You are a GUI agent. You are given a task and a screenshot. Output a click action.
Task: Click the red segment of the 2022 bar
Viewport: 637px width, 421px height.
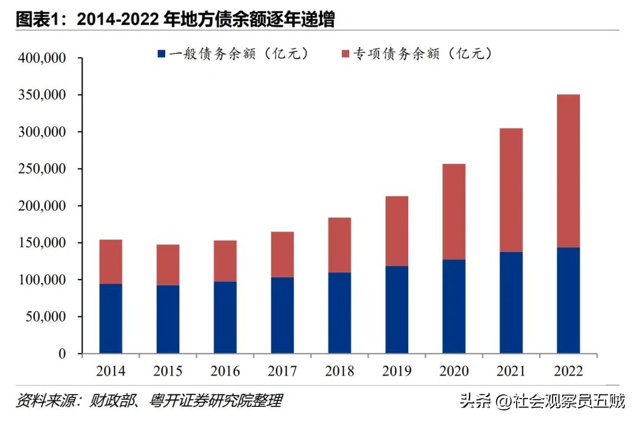tap(568, 171)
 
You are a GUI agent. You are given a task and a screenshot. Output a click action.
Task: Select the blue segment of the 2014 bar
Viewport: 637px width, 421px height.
tap(111, 318)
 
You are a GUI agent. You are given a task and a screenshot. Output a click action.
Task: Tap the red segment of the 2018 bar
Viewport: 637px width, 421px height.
tap(340, 245)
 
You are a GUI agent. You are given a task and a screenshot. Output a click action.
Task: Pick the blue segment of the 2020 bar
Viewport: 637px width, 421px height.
tap(454, 306)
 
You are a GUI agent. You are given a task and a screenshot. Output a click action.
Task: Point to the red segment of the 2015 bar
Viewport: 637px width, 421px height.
tap(168, 265)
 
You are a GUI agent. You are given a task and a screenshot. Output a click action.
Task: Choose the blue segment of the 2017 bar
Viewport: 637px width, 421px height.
tap(283, 315)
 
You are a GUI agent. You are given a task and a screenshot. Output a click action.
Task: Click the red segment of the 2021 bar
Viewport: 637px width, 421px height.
tap(511, 190)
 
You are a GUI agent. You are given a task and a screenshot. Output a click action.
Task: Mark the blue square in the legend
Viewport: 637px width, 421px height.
tap(162, 54)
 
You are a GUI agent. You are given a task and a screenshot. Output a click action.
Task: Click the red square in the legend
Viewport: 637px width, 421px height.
tap(344, 54)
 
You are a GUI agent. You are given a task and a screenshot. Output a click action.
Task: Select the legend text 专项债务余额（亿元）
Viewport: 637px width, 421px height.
tap(422, 54)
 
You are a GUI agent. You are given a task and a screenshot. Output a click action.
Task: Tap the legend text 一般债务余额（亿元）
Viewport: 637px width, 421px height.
tap(239, 54)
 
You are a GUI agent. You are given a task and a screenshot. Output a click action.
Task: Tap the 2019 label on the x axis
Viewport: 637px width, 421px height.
tap(397, 371)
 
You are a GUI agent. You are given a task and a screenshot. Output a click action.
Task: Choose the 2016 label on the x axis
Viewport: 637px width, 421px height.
tap(225, 371)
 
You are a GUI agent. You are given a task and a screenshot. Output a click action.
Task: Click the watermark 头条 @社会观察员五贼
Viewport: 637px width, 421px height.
tap(542, 402)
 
